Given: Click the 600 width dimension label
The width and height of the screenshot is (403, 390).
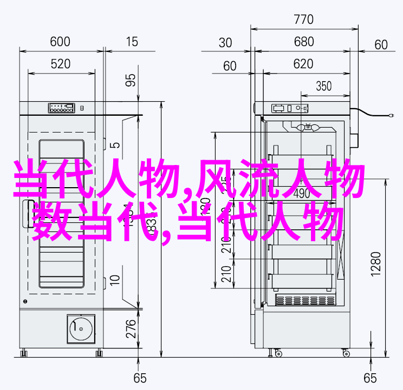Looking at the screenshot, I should (60, 42).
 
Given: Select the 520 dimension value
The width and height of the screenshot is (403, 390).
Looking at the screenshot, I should (60, 64).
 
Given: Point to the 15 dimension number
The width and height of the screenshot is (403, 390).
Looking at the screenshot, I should (132, 42).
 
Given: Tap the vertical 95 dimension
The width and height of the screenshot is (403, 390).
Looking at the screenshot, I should (131, 80).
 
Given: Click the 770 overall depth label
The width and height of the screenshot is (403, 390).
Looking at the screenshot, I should (304, 20).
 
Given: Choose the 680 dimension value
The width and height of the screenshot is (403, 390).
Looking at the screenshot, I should (304, 42).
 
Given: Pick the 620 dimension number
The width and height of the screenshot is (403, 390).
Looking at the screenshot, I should (304, 64).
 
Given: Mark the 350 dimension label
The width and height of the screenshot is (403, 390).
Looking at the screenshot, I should (323, 86).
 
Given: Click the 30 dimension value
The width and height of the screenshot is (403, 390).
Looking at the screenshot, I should (225, 43).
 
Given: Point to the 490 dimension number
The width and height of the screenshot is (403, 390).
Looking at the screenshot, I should (301, 193).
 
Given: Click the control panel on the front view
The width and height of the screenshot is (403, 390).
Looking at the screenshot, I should (61, 108).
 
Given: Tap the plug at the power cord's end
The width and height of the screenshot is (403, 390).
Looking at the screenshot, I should (391, 115).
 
